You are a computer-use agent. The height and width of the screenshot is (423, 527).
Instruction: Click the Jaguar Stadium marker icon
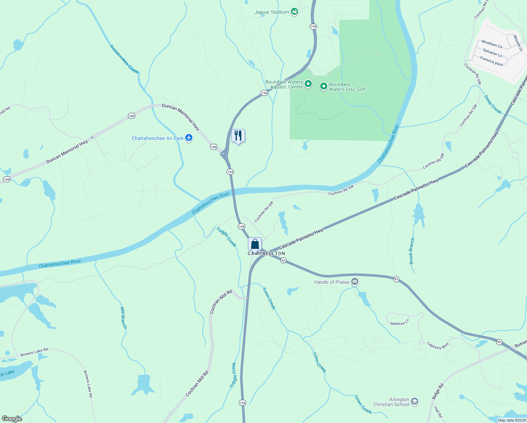click(x=294, y=12)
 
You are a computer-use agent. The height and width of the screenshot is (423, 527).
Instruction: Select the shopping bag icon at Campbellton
click(x=255, y=244)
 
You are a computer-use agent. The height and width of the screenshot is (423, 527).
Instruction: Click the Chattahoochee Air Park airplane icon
click(x=189, y=138)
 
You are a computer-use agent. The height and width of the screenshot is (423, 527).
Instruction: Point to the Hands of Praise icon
click(x=355, y=282)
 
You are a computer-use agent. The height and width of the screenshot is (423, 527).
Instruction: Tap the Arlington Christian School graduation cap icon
click(x=415, y=401)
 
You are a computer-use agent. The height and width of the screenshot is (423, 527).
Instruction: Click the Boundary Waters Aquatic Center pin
click(x=308, y=84)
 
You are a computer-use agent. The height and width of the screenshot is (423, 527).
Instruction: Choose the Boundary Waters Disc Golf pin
click(x=323, y=86)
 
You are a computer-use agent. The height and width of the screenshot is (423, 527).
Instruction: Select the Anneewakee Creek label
click(x=124, y=59)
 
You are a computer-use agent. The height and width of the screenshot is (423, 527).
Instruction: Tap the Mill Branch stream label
click(x=124, y=318)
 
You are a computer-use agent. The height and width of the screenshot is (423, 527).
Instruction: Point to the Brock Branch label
click(x=412, y=251)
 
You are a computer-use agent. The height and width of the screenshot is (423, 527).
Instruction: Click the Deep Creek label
click(x=492, y=104)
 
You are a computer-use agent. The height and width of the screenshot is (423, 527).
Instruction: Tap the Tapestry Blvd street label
click(x=438, y=345)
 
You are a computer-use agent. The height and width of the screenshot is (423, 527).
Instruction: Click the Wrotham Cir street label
click(x=492, y=44)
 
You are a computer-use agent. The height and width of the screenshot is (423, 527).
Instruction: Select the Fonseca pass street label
click(x=491, y=61)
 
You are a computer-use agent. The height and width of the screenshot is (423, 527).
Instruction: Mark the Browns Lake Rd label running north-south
click(x=88, y=384)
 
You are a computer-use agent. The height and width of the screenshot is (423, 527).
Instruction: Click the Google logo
click(x=12, y=419)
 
